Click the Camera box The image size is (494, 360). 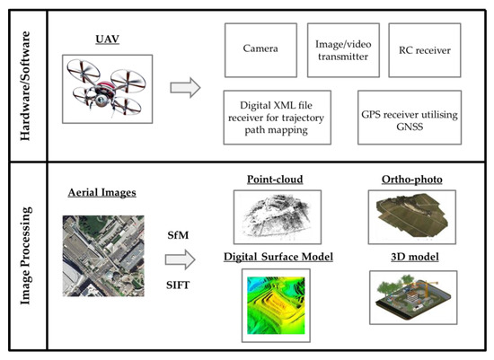[260, 49]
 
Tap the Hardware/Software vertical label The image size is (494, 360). [24, 83]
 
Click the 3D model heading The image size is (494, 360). [410, 259]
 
